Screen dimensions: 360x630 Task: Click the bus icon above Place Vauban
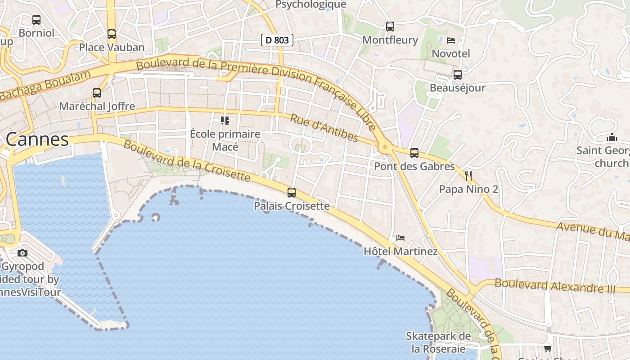coord(111,34)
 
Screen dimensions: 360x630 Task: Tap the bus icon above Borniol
coord(36,20)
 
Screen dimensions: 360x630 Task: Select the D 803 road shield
coord(277,40)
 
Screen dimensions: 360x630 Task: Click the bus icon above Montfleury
coord(390,27)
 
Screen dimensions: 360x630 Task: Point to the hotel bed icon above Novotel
coord(451,40)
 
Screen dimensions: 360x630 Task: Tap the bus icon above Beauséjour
coord(458,74)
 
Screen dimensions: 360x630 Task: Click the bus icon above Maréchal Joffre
coord(97,93)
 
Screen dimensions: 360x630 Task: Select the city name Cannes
coord(37,139)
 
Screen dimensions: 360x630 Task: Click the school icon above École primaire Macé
coord(225,121)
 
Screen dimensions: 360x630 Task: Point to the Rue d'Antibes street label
coord(324,128)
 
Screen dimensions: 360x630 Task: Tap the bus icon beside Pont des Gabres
coord(414,153)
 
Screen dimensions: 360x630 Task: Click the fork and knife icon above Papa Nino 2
coord(468,175)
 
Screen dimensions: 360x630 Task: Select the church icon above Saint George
coord(612,137)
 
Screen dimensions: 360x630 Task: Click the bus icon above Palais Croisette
coord(292,193)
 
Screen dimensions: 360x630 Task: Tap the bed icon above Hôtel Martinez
coord(400,238)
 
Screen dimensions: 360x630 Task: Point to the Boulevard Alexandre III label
coord(555,286)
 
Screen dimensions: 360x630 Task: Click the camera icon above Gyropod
coord(22,253)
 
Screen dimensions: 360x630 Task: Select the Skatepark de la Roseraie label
coord(438,342)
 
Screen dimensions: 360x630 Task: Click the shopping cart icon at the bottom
coord(548,348)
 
